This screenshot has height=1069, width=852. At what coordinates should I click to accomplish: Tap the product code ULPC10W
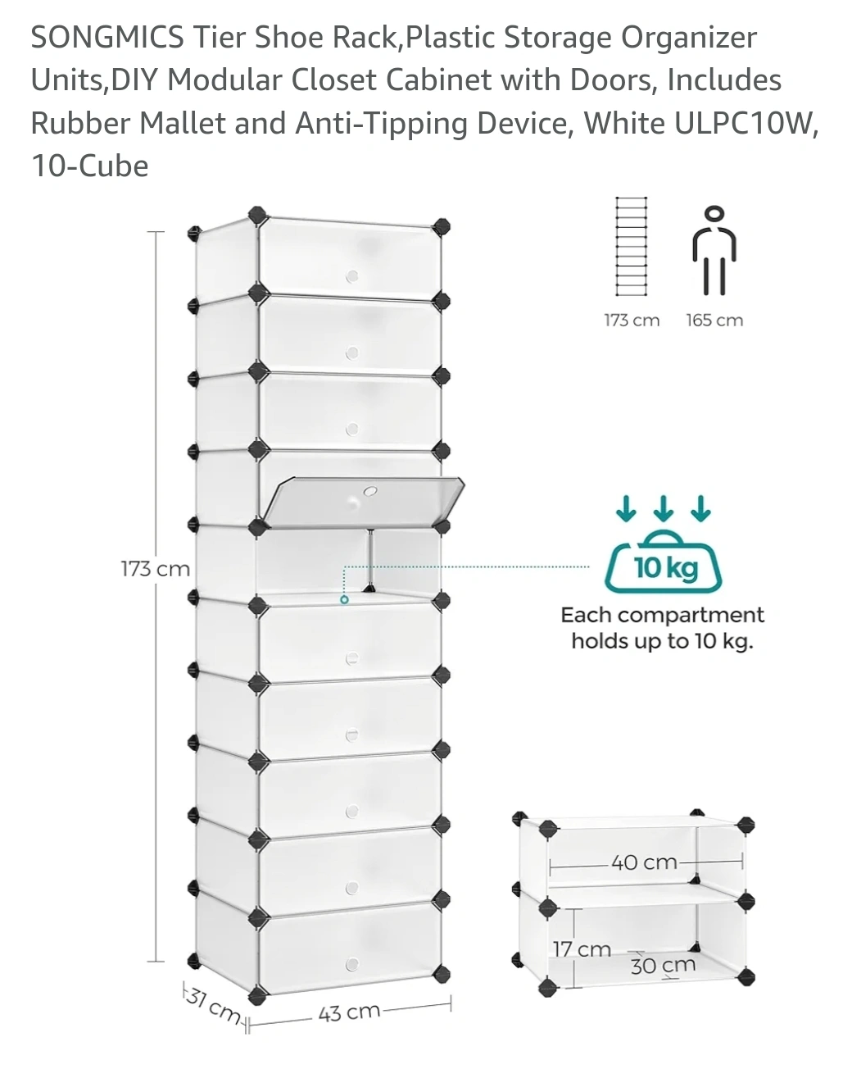coord(745,123)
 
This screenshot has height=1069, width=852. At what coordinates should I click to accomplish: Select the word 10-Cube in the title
coord(89,166)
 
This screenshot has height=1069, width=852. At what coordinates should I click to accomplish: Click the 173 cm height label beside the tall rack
coord(155,568)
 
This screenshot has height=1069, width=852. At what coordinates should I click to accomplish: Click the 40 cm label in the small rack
coord(644,862)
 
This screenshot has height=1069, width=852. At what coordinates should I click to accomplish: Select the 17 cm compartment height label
coord(581,949)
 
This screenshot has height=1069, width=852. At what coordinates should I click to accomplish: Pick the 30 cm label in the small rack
coord(662,966)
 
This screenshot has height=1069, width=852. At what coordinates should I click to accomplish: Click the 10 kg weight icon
coord(664,565)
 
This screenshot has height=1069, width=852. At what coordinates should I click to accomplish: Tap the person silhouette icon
coord(714,251)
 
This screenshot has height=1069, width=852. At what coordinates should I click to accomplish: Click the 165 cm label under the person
coord(714,321)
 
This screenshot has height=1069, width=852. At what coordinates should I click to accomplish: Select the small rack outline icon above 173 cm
coord(631,246)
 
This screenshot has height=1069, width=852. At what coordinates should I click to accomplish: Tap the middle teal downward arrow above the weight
coord(664,510)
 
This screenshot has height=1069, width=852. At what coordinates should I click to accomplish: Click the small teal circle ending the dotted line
coord(344,599)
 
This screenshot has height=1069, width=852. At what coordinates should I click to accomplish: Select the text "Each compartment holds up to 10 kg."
coord(662,628)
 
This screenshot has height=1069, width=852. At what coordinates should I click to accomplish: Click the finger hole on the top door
coord(352,276)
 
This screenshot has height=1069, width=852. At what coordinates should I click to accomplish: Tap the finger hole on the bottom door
coord(352,963)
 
